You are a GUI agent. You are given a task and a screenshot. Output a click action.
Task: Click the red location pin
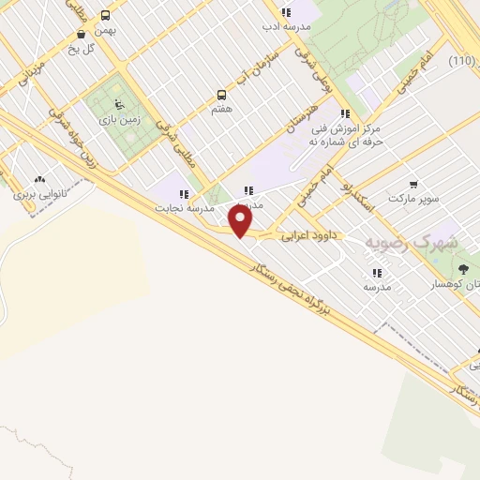[241, 221]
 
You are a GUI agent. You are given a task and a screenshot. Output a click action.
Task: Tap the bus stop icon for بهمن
[105, 15]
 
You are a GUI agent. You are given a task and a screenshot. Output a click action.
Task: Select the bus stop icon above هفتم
[222, 95]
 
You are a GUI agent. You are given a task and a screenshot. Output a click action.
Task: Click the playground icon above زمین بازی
[116, 105]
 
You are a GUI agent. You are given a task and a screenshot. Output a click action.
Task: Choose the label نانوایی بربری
[37, 196]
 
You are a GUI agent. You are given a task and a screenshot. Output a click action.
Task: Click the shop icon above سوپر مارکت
[413, 185]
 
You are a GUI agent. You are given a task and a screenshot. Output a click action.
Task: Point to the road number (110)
[461, 61]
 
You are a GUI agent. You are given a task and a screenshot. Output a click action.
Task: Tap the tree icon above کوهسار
[462, 270]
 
